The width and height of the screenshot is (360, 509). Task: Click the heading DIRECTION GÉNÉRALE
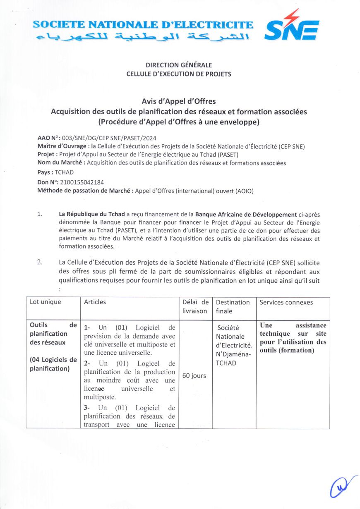[x=179, y=65]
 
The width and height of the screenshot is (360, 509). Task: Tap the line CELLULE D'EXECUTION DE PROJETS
[x=179, y=74]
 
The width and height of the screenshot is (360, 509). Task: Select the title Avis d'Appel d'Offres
[x=179, y=101]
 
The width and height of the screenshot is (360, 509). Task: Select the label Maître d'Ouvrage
[x=62, y=146]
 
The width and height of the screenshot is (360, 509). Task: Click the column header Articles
[x=95, y=302]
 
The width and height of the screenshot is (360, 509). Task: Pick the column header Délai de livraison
[x=195, y=306]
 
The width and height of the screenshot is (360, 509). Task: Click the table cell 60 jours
[x=194, y=376]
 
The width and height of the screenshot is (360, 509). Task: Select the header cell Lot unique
[x=45, y=302]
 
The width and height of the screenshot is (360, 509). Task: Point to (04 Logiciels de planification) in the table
[x=53, y=364]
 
